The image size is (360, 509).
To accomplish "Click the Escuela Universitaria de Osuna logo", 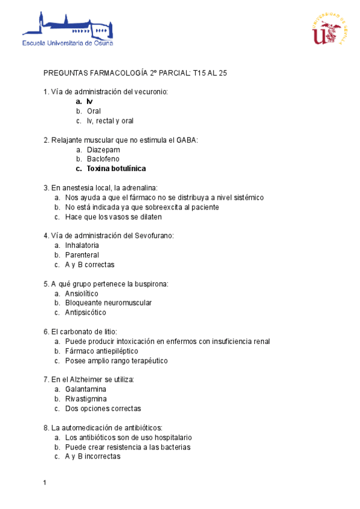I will click(x=67, y=29).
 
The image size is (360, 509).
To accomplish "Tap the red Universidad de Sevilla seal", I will click(x=329, y=29).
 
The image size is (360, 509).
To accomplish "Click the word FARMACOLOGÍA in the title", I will click(x=115, y=73).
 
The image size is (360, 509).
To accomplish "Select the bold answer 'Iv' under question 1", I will click(x=89, y=101).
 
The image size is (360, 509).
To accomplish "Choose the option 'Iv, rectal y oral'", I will click(x=110, y=121).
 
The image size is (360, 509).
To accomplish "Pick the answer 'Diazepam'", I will click(x=103, y=149).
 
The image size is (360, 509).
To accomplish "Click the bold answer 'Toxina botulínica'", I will click(x=116, y=169).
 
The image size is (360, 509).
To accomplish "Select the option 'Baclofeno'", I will click(x=103, y=159).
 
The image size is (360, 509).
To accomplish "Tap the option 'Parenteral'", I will click(x=82, y=255).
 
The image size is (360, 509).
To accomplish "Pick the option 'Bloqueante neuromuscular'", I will click(x=108, y=303).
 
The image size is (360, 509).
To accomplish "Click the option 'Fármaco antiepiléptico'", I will click(x=101, y=351).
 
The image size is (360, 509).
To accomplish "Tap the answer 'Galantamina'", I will click(x=86, y=390).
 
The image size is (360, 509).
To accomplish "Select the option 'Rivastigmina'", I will click(x=86, y=399).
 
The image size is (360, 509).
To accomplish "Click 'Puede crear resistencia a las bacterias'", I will click(x=128, y=447).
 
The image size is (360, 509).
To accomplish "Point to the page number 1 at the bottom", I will click(x=45, y=483).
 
